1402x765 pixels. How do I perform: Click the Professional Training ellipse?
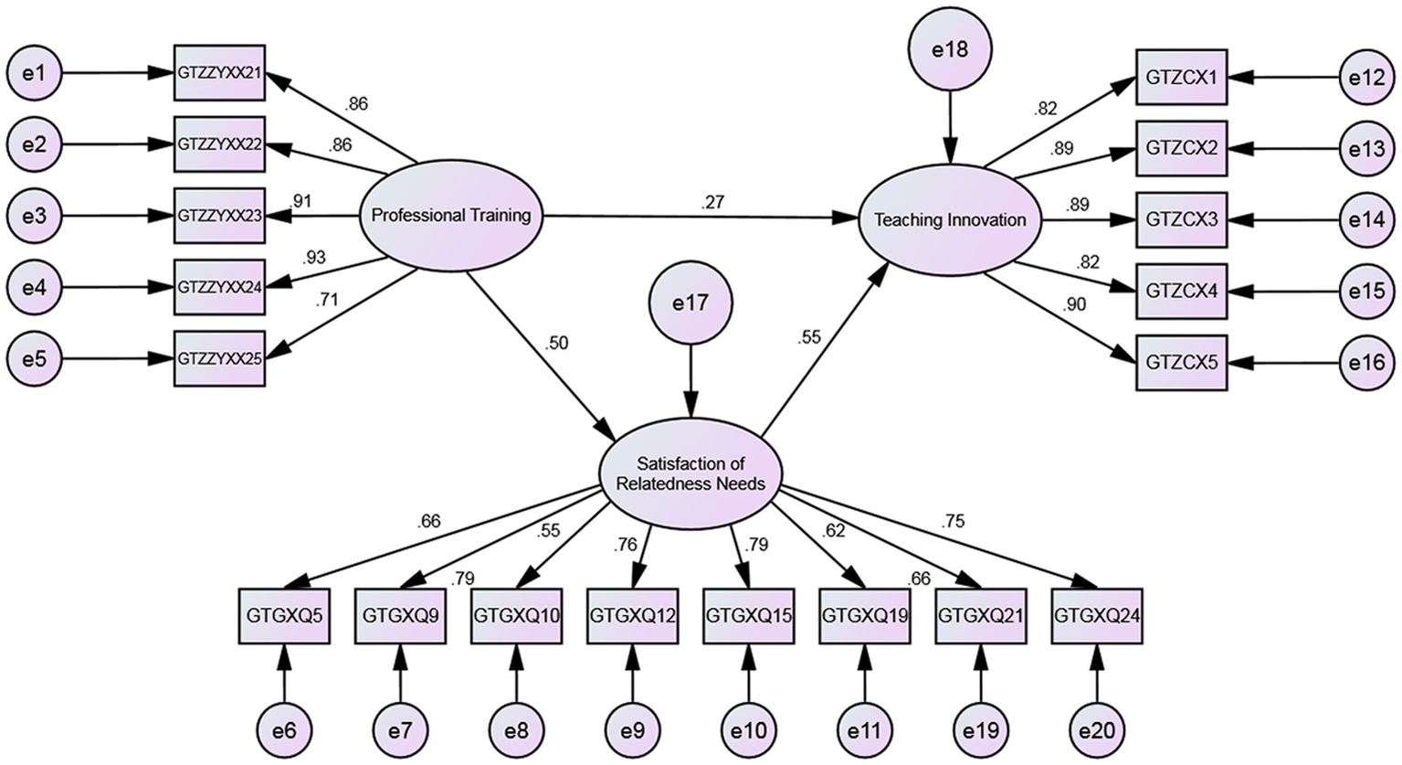point(451,217)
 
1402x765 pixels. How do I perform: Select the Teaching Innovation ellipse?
point(950,220)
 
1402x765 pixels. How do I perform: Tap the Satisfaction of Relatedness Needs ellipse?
point(690,474)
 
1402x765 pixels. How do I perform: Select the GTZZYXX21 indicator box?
point(220,72)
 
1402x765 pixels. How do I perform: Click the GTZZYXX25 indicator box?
point(220,358)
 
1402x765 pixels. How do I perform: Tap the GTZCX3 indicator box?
point(1181,220)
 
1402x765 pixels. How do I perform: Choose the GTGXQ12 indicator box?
point(632,615)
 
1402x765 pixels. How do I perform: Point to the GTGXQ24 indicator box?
point(1097,615)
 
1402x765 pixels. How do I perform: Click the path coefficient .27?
point(712,203)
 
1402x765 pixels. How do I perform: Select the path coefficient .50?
point(556,344)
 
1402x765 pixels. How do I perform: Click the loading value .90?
point(1074,305)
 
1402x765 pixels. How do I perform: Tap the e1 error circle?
point(34,72)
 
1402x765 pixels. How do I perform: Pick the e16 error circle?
point(1367,363)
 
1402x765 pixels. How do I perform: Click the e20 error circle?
point(1097,730)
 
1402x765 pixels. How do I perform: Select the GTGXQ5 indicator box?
point(284,615)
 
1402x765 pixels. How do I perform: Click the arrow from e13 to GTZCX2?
point(1282,149)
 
